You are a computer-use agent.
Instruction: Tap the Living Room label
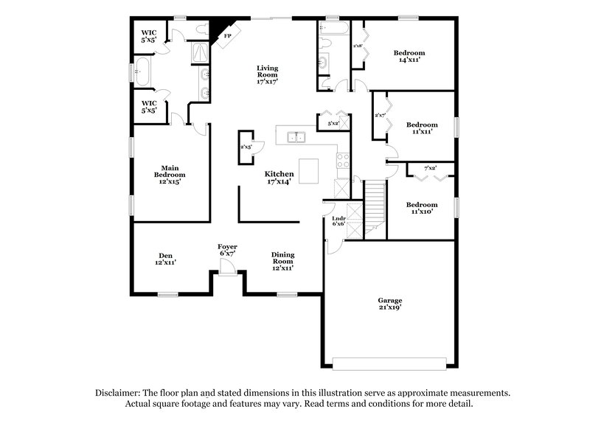coord(267,74)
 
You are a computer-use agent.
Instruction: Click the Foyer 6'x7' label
coord(227,249)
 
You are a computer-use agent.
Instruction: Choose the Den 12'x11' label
coord(165,259)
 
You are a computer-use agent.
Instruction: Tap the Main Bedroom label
coord(170,174)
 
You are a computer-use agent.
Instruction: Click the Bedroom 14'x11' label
coord(409,57)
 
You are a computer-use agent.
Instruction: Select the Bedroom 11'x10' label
coord(421,208)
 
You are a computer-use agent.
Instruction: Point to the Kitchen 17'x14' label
coord(280,177)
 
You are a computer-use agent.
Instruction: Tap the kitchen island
coord(310,171)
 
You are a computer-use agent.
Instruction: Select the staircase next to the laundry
coord(375,209)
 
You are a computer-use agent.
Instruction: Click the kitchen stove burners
coord(343,159)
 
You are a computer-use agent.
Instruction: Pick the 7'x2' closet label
coord(430,169)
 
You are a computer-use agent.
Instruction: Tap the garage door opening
coord(389,363)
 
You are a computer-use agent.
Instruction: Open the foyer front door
coord(227,272)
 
